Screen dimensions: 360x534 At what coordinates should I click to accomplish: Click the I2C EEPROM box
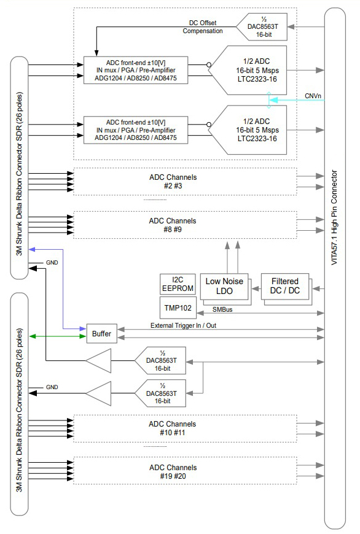click(178, 284)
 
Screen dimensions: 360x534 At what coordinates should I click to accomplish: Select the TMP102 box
click(178, 308)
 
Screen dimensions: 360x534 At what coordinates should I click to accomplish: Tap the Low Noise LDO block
click(224, 287)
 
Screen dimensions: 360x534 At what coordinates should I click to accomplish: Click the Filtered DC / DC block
click(285, 287)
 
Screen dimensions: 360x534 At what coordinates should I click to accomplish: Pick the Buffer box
click(101, 334)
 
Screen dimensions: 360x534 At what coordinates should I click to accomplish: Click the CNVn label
click(313, 96)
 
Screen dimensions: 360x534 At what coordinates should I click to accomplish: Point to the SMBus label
click(222, 309)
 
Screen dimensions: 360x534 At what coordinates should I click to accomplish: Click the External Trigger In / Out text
click(184, 325)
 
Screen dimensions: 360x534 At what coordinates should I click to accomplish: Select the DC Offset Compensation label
click(203, 27)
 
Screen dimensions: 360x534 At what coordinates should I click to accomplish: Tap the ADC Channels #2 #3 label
click(173, 182)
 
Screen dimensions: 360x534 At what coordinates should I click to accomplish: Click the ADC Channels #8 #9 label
click(173, 225)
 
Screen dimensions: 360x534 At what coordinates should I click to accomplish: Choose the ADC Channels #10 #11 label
click(172, 428)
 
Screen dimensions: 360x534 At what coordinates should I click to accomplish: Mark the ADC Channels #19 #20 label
click(173, 472)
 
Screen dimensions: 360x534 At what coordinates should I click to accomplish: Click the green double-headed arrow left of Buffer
click(58, 336)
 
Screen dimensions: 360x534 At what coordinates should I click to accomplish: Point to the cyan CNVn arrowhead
click(274, 100)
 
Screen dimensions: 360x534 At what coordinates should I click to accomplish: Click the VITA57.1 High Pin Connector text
click(334, 217)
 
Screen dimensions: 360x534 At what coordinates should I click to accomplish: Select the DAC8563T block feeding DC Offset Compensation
click(262, 27)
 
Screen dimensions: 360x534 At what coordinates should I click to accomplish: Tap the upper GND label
click(52, 263)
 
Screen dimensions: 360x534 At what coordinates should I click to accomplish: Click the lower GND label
click(52, 387)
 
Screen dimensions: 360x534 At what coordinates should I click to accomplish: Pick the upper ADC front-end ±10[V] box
click(136, 70)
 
